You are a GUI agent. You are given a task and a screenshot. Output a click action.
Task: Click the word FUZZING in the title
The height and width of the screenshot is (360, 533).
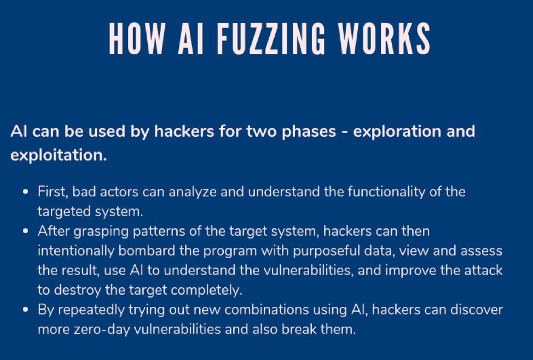[271, 38]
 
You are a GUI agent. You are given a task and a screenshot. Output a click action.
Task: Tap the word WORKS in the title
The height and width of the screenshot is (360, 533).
[385, 38]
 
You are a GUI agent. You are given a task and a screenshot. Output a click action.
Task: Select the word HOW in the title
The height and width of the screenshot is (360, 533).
[137, 38]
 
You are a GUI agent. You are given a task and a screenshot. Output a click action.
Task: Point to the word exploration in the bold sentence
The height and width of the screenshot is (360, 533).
[397, 132]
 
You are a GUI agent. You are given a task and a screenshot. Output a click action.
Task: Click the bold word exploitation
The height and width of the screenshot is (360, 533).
[59, 155]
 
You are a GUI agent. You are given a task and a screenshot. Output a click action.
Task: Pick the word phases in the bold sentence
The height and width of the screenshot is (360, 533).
[309, 132]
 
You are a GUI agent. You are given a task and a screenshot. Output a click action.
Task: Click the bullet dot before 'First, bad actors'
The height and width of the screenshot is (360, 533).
[26, 191]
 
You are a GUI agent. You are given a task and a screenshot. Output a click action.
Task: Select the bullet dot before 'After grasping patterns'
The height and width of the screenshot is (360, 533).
[26, 231]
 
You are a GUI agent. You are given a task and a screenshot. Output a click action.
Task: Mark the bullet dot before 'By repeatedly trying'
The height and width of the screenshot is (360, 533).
[26, 310]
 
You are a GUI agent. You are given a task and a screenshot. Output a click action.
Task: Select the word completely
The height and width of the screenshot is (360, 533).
[206, 291]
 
